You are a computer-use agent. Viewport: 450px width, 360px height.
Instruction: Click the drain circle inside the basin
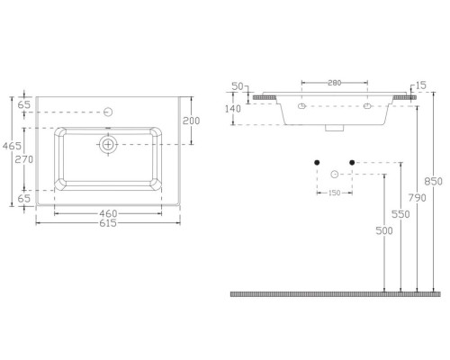pos(108,144)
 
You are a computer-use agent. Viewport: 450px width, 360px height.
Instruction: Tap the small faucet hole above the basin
pos(108,112)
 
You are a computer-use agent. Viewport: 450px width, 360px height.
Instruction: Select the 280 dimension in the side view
pos(335,84)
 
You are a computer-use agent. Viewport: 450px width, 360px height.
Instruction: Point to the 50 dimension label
pos(238,86)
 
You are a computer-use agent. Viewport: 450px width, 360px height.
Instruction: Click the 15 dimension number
pos(420,86)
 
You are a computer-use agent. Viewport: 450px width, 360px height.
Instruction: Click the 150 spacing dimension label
pos(333,192)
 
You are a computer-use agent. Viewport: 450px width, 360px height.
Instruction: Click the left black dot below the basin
pos(317,163)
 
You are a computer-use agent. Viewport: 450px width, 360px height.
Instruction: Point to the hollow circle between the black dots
pos(333,173)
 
